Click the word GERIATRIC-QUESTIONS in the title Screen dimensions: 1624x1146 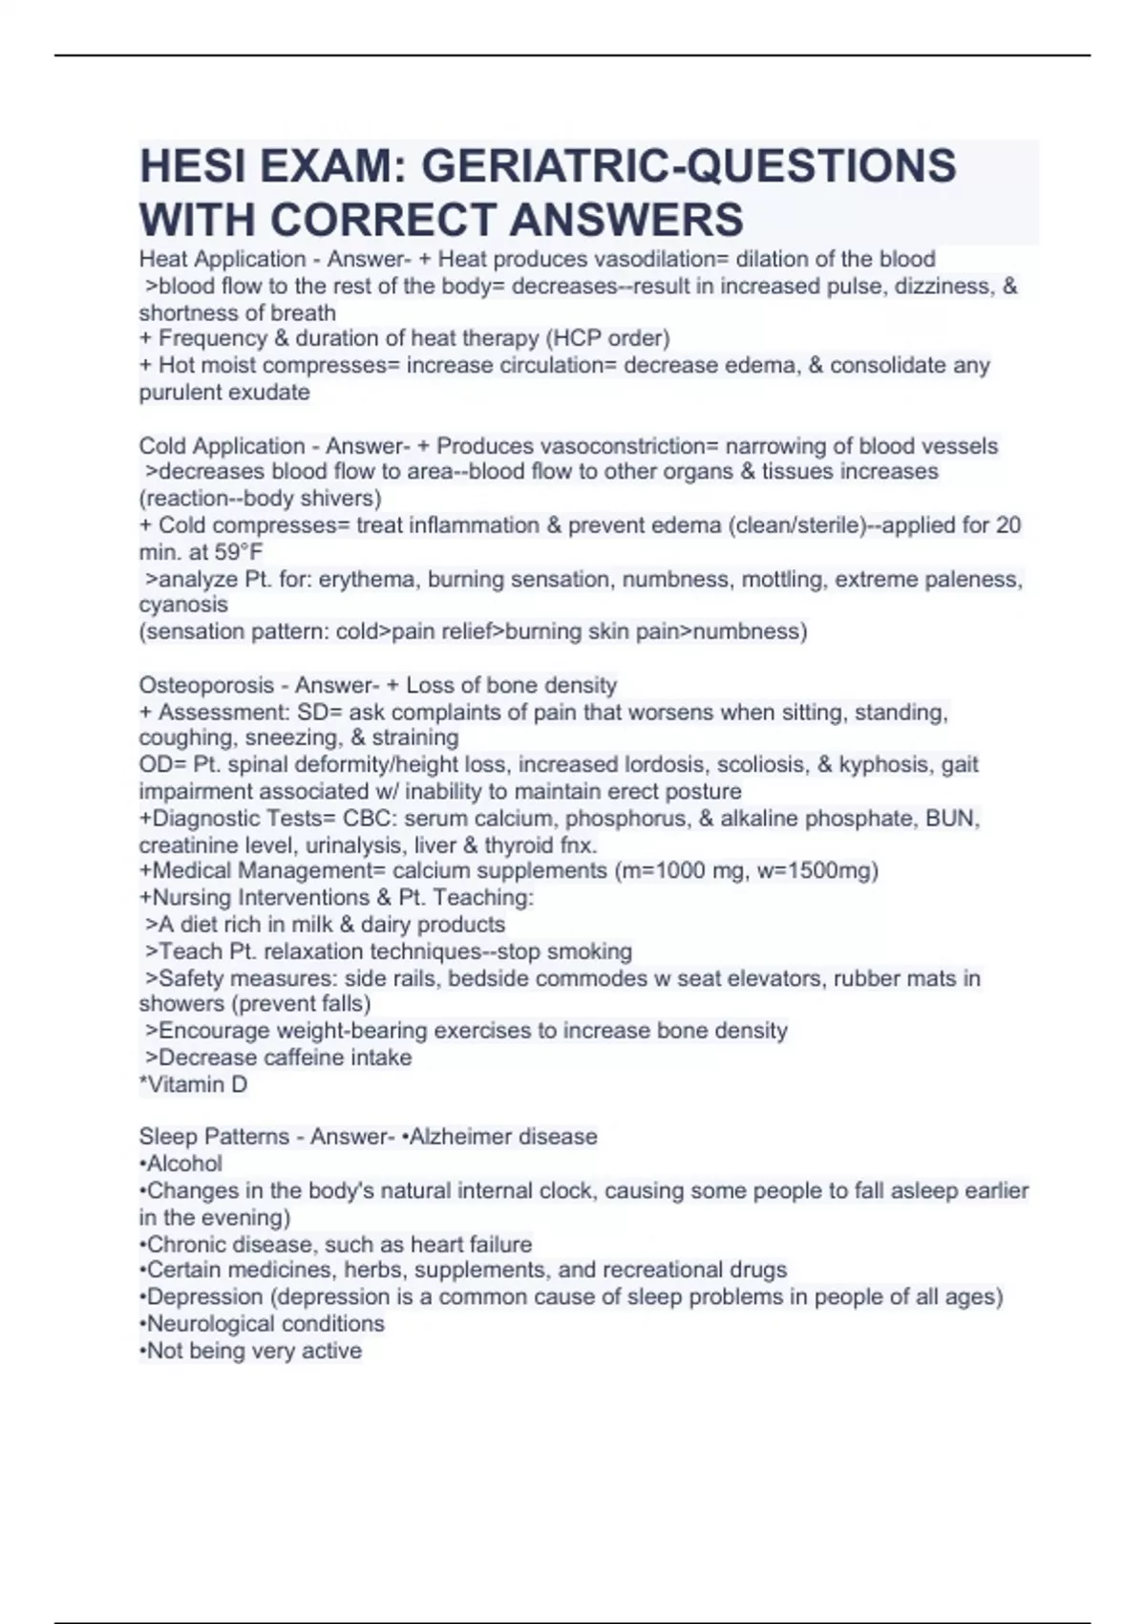[x=688, y=166]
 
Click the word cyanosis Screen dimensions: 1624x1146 [x=183, y=605]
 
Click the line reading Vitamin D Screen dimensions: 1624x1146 [x=194, y=1084]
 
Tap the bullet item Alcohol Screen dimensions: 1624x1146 [x=183, y=1164]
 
